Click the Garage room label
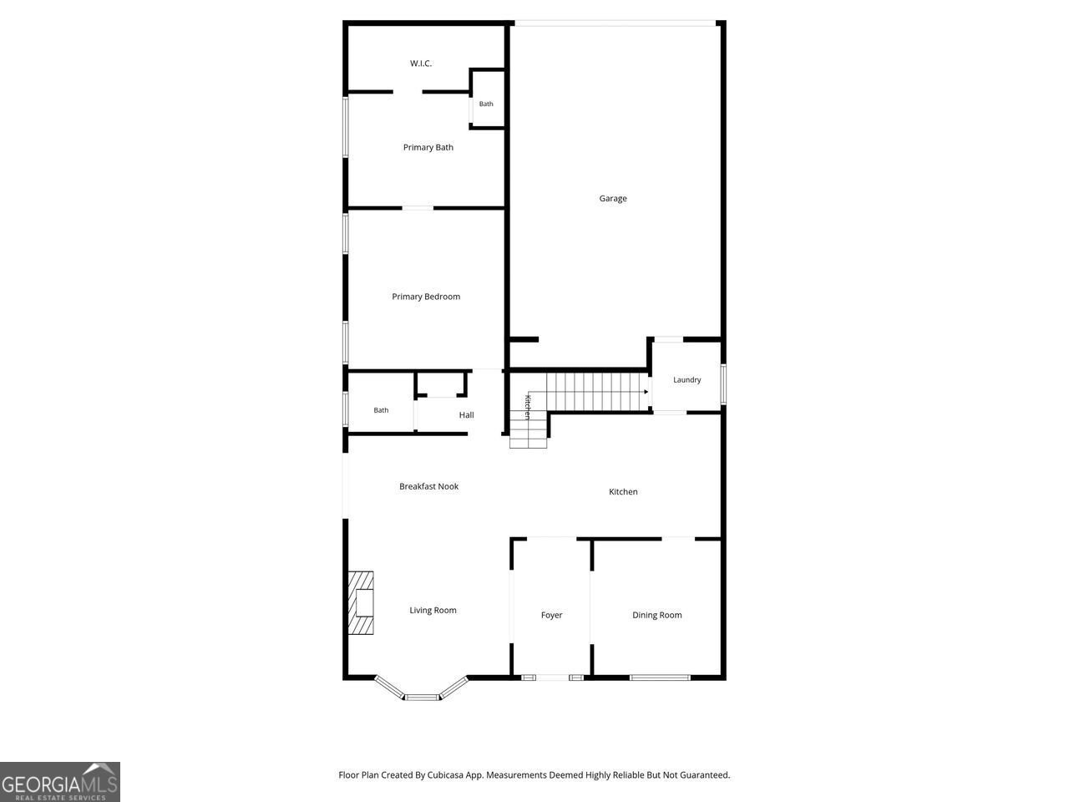coord(613,198)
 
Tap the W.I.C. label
coord(420,63)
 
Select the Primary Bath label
coord(428,147)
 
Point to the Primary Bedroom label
coord(426,297)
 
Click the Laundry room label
coord(686,380)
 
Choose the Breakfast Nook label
coord(428,486)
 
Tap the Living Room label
coord(433,610)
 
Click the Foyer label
coord(551,615)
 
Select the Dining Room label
coord(656,615)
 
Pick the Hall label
coord(466,415)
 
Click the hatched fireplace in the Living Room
coord(361,603)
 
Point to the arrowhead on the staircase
coord(646,392)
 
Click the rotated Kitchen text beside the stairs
coord(528,407)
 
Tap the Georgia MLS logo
coord(60,782)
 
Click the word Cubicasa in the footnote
coord(445,774)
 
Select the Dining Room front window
coord(660,678)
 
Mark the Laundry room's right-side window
coord(723,384)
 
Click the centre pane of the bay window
coord(422,698)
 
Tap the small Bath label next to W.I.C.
coord(485,104)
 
